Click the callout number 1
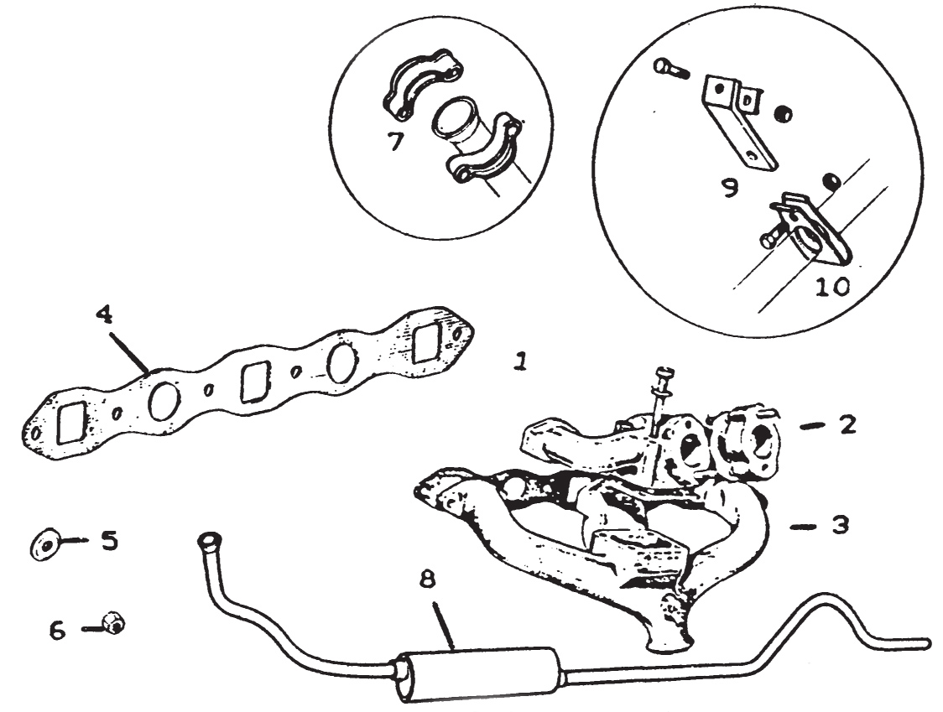pos(521,361)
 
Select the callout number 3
pos(840,526)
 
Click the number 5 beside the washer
pos(108,540)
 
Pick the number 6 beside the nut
pos(56,630)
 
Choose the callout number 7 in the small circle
pos(395,140)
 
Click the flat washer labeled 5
pos(43,543)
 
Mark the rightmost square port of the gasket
pos(427,342)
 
